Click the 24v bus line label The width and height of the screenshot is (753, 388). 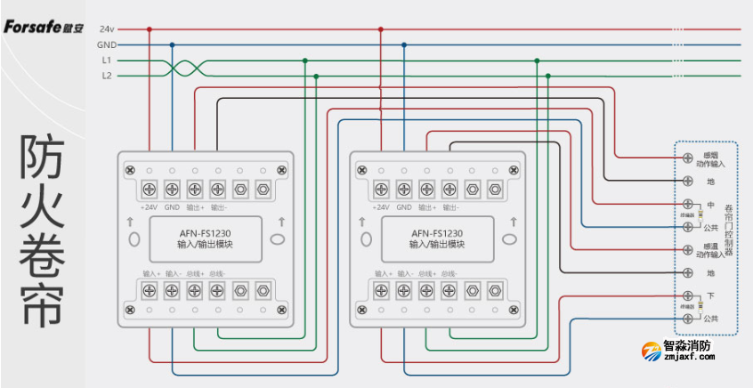(x=106, y=29)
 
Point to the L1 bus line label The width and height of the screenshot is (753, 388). (x=106, y=61)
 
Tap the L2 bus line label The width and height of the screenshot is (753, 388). (x=106, y=77)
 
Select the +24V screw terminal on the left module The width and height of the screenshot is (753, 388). (x=148, y=189)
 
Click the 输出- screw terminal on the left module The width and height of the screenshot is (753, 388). (x=217, y=189)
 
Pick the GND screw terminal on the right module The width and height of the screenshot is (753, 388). (x=404, y=189)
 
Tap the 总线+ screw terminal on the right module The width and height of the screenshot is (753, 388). (x=427, y=290)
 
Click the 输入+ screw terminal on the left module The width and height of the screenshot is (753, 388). (x=148, y=290)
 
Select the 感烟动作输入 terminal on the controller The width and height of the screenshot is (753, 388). (x=687, y=158)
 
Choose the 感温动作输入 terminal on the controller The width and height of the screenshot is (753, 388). (x=687, y=250)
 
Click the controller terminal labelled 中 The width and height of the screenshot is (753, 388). (x=687, y=205)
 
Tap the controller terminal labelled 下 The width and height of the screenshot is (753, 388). (x=687, y=295)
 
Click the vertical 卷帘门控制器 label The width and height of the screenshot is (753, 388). (x=727, y=226)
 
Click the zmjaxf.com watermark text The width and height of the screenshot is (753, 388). (x=689, y=357)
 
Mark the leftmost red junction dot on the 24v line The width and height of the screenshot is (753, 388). (x=149, y=29)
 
